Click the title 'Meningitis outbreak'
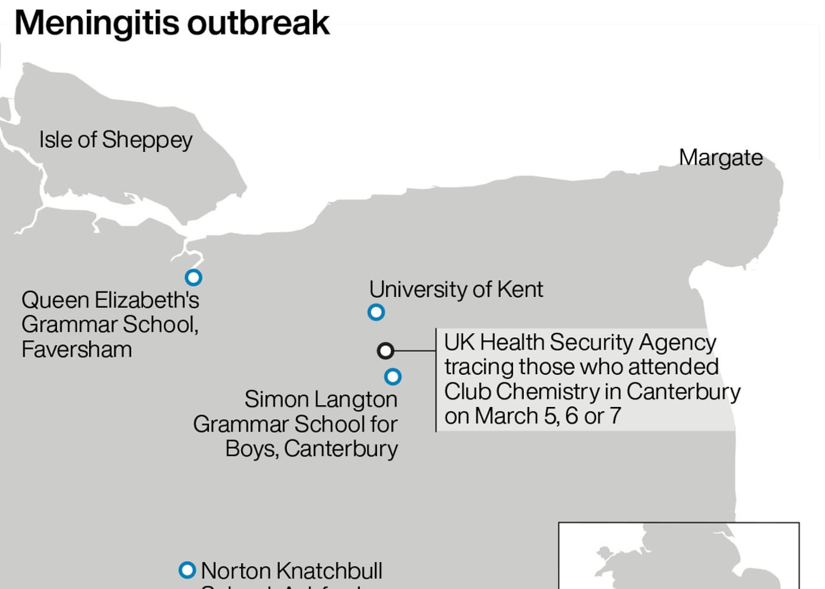[x=172, y=23]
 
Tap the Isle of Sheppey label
[x=115, y=140]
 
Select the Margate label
[x=720, y=158]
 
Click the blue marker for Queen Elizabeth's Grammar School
[x=193, y=278]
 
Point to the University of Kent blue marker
[x=376, y=312]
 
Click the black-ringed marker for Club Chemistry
[x=385, y=351]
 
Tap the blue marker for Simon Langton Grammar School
[x=393, y=377]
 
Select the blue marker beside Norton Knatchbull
[x=187, y=570]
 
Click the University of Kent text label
[x=455, y=289]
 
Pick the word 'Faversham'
[x=77, y=350]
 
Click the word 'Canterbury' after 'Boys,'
[x=341, y=449]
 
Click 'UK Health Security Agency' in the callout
[x=580, y=343]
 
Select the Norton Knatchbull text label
[x=291, y=571]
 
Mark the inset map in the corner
[x=678, y=556]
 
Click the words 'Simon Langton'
[x=321, y=399]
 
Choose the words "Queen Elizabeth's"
[x=110, y=300]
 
